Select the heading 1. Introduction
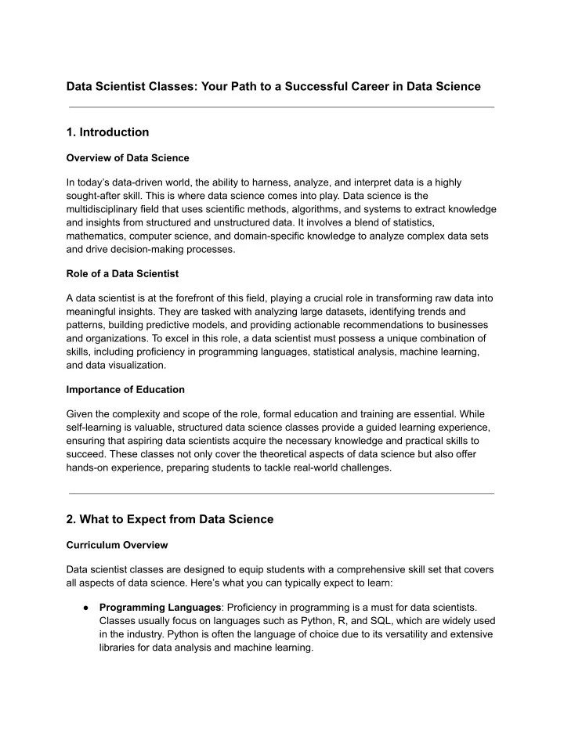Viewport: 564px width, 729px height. pyautogui.click(x=109, y=132)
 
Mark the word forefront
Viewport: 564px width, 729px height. pyautogui.click(x=208, y=298)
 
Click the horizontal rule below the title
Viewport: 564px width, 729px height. pyautogui.click(x=282, y=107)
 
